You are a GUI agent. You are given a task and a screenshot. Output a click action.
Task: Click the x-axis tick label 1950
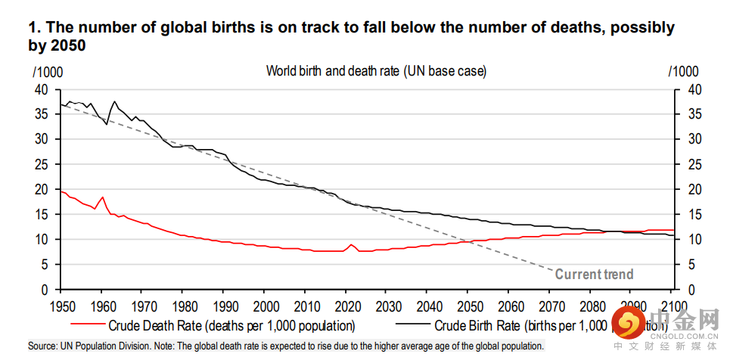tap(61, 305)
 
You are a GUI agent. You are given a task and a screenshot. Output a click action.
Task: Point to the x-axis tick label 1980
tap(183, 305)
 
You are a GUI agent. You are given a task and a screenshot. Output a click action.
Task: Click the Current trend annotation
tap(594, 275)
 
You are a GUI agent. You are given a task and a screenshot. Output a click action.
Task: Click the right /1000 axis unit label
tap(683, 72)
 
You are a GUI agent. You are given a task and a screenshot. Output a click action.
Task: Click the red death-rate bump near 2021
tap(351, 245)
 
